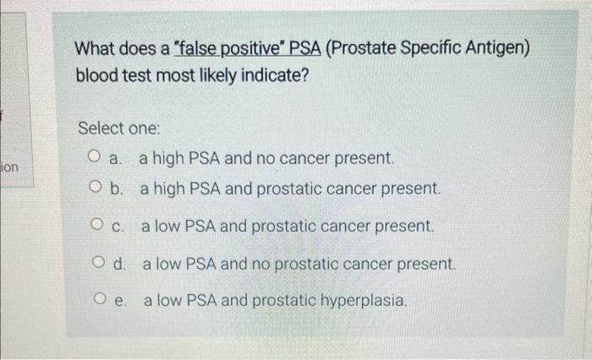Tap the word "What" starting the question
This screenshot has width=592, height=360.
click(97, 48)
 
